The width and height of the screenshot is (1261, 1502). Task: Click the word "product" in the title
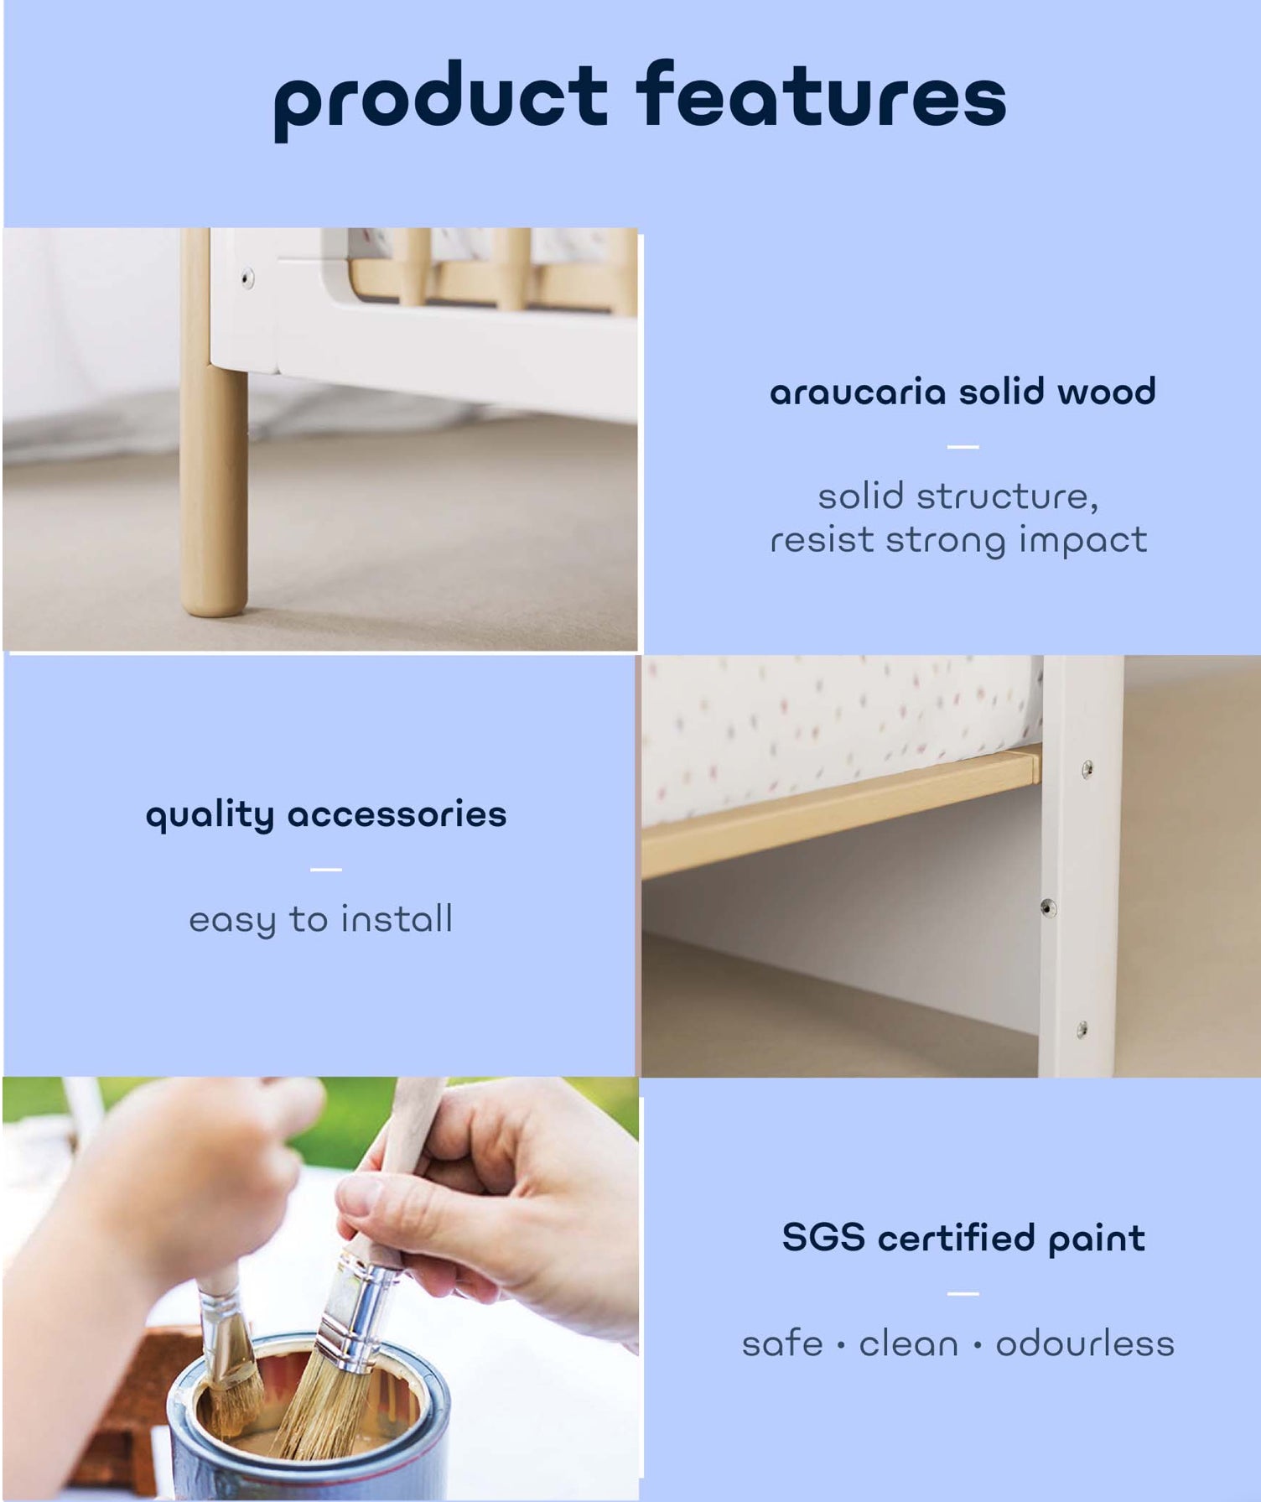[440, 100]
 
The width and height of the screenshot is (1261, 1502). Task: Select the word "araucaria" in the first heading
[857, 392]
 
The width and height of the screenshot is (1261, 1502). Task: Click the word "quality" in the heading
[210, 816]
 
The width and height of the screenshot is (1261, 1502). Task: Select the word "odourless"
[1084, 1343]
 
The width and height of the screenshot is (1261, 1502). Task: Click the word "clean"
[908, 1343]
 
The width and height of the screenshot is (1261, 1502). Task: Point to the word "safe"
[782, 1343]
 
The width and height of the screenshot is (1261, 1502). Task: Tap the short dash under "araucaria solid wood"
[963, 447]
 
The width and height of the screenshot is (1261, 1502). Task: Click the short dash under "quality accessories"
[325, 870]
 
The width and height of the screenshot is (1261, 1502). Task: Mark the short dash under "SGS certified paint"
[963, 1294]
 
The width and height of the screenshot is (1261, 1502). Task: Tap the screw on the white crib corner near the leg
[247, 278]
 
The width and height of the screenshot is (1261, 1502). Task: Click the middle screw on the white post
[1047, 907]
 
